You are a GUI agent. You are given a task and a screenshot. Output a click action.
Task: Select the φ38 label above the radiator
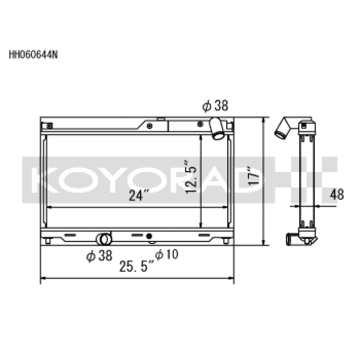point(216,106)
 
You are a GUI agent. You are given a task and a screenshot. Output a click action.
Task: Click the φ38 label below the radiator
point(99,256)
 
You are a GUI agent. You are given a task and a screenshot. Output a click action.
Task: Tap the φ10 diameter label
point(166,255)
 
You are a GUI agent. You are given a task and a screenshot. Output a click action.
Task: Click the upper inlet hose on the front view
point(217,128)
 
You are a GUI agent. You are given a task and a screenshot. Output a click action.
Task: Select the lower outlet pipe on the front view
point(104,238)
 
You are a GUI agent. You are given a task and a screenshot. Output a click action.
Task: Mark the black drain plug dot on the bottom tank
point(150,235)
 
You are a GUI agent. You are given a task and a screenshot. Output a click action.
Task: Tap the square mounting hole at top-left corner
point(49,125)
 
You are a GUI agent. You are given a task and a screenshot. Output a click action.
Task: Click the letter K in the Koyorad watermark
point(43,178)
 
